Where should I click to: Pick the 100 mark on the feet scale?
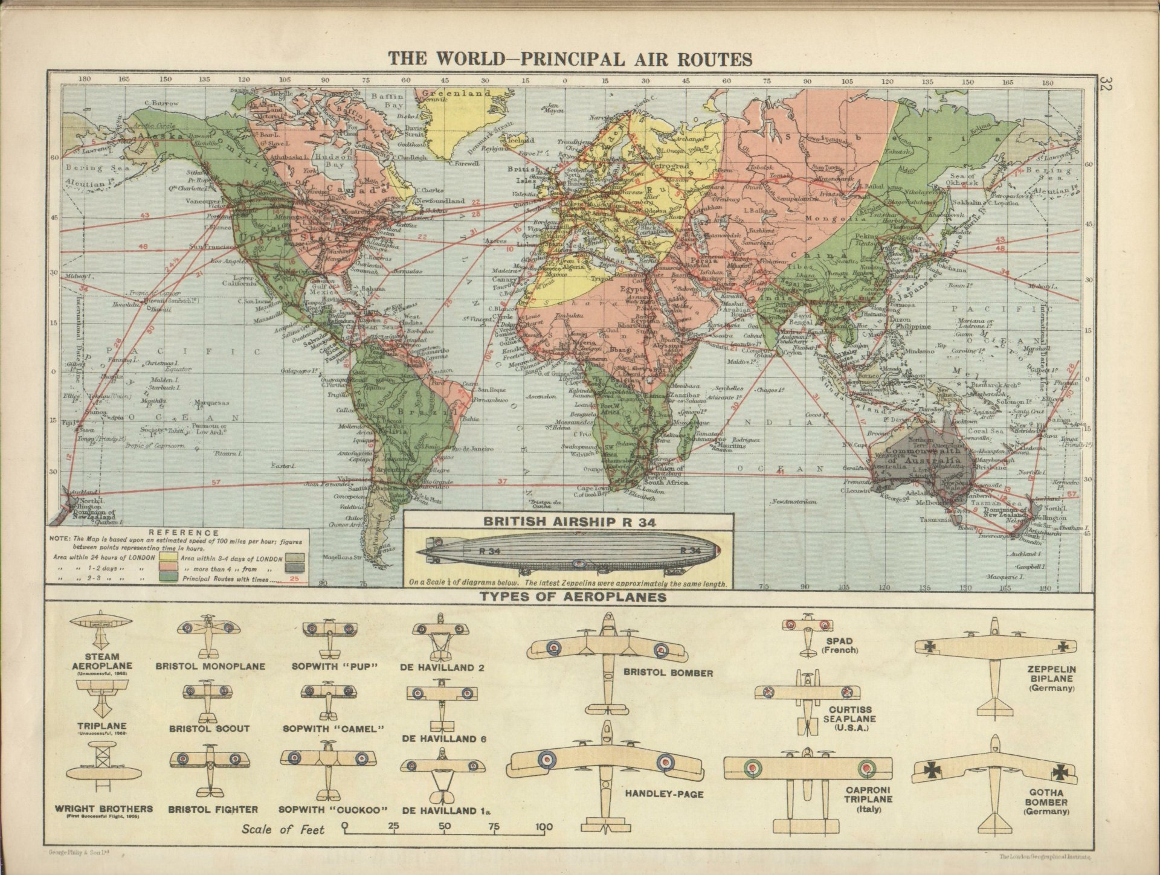pyautogui.click(x=544, y=827)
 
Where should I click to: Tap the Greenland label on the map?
pyautogui.click(x=456, y=94)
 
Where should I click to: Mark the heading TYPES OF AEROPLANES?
pyautogui.click(x=573, y=597)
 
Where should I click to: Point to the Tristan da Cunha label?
pyautogui.click(x=546, y=505)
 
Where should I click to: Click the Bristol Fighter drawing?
pyautogui.click(x=210, y=771)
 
